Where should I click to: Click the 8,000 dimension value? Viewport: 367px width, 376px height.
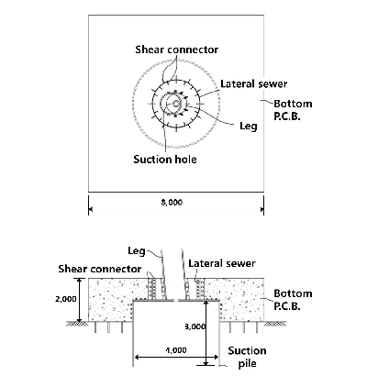(x=172, y=203)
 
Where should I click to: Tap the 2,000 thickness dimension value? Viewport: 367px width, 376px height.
(x=66, y=299)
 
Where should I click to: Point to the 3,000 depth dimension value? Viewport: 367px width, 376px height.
(x=195, y=326)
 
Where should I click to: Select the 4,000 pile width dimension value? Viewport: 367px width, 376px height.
(x=176, y=350)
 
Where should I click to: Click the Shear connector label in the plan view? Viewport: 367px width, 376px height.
(x=177, y=50)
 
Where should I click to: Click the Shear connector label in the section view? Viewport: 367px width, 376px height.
(x=100, y=269)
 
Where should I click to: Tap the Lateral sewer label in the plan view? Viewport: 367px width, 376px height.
(x=254, y=83)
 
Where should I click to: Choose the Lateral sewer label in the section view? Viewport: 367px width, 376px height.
(x=222, y=263)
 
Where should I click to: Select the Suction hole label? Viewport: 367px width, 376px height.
(x=165, y=160)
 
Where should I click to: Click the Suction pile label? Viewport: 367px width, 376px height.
(x=247, y=357)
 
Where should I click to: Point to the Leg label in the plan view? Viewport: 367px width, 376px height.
(x=249, y=126)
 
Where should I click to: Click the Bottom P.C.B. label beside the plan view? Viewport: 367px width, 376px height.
(x=293, y=110)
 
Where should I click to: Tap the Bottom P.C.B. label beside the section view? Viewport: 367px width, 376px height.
(x=293, y=300)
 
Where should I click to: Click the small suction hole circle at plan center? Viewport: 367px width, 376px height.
(x=176, y=104)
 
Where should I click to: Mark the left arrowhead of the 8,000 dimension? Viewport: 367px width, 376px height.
(x=91, y=209)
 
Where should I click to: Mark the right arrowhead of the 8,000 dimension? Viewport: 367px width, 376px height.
(x=261, y=209)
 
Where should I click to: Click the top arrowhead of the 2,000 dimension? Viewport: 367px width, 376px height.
(x=80, y=281)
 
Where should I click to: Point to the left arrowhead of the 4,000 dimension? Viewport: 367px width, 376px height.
(x=138, y=357)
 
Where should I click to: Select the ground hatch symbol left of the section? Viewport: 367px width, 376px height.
(x=78, y=324)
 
